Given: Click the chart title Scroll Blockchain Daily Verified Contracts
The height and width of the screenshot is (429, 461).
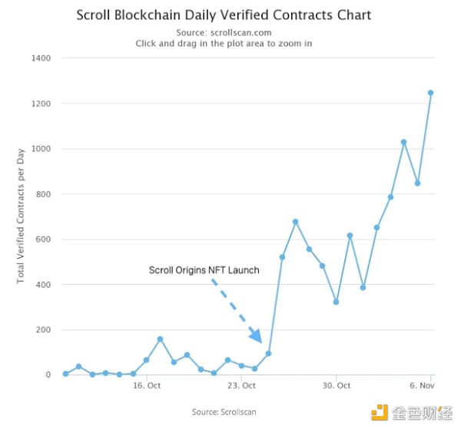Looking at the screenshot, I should (224, 15).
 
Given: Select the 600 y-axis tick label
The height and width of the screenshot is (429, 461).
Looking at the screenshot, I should (43, 239).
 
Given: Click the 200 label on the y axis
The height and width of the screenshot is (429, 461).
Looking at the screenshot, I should (43, 330).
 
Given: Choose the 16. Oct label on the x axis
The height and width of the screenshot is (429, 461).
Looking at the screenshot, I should (147, 386).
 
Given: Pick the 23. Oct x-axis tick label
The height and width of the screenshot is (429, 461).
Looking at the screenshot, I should (241, 386).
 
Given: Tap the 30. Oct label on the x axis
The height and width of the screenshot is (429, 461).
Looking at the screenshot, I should (337, 386).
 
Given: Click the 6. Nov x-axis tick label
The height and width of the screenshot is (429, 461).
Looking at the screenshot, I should (423, 386).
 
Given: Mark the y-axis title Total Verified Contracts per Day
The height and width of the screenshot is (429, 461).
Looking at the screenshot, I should (21, 216).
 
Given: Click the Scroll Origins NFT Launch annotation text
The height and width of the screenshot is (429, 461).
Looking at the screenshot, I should (204, 270).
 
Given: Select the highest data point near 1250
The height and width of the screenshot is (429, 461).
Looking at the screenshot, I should (431, 93).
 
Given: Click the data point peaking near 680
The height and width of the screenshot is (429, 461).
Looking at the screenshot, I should (295, 222).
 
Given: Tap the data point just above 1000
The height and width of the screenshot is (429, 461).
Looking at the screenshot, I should (403, 142).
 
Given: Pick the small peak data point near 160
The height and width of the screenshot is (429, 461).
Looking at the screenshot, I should (160, 338).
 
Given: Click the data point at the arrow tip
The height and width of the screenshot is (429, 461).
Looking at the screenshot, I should (268, 354).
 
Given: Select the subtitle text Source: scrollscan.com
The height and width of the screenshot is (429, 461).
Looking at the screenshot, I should (224, 32).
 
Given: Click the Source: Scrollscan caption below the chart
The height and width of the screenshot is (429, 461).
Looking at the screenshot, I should (224, 412).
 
